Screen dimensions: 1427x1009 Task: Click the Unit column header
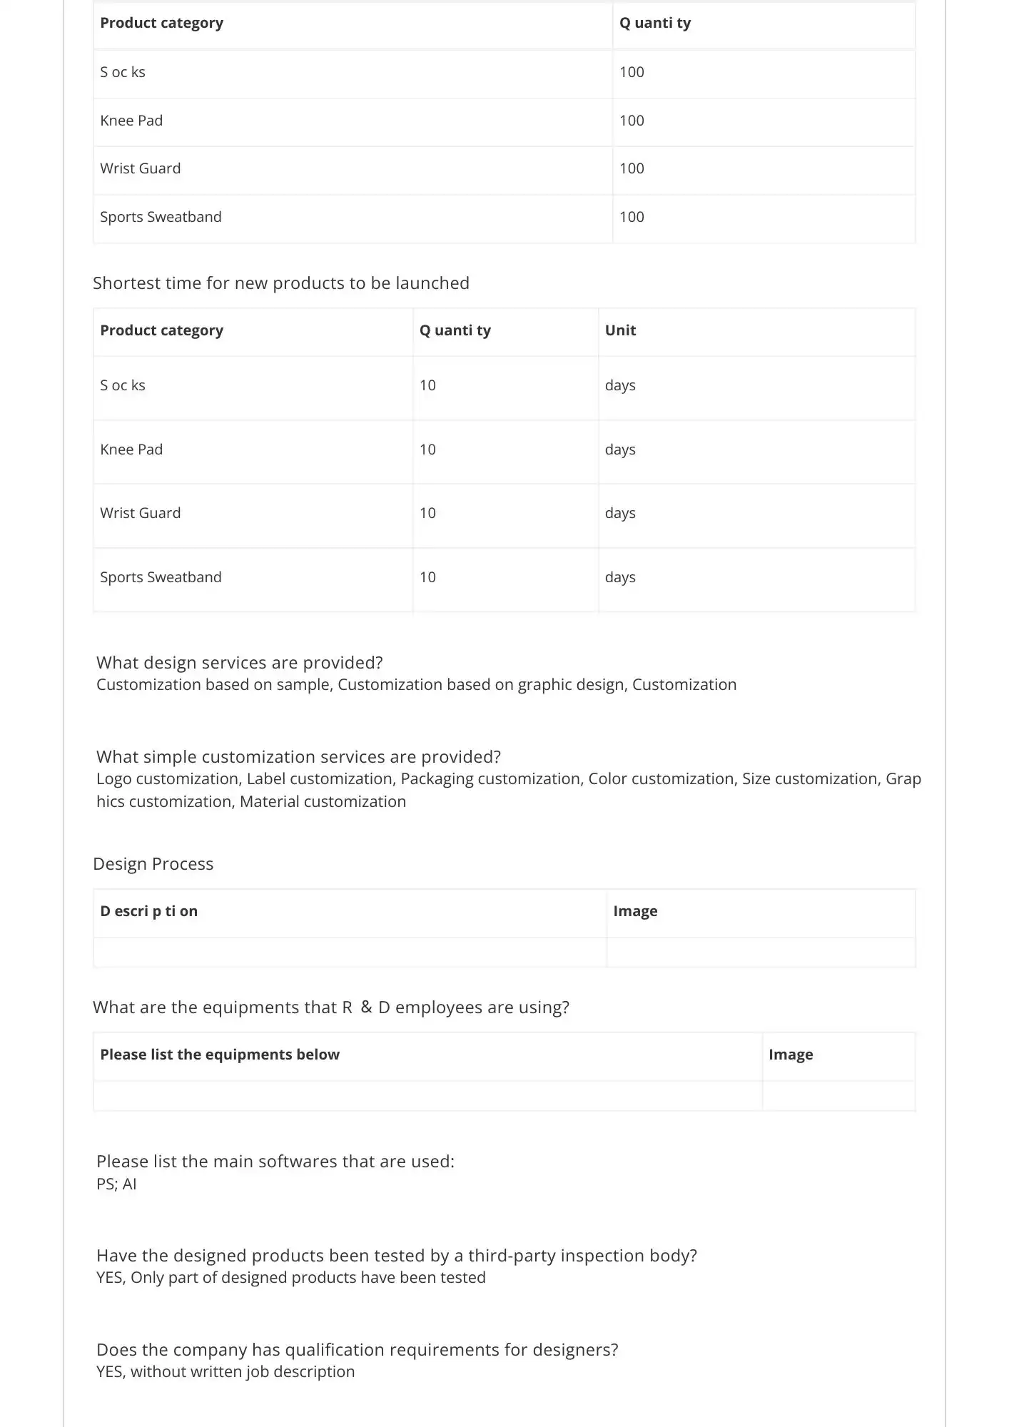tap(620, 330)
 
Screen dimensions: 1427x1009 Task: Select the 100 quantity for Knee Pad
tap(632, 121)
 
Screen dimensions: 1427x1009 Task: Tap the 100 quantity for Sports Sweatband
tap(632, 217)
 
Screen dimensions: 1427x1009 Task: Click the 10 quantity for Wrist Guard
tap(427, 513)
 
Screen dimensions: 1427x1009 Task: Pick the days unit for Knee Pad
tap(620, 450)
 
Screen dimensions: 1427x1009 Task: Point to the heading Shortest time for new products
tap(280, 283)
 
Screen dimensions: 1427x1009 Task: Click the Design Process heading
tap(153, 864)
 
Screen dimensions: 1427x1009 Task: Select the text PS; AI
tap(116, 1184)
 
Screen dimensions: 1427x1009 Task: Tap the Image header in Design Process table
tap(635, 911)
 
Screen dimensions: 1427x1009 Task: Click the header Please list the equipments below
tap(220, 1055)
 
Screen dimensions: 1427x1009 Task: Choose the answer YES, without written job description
tap(225, 1372)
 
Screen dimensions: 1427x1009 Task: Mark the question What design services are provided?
tap(239, 663)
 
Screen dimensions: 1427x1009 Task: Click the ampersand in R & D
tap(366, 1007)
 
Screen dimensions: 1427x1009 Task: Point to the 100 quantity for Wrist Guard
tap(632, 168)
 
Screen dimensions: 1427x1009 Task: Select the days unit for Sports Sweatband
tap(620, 577)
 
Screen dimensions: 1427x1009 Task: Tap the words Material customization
tap(323, 802)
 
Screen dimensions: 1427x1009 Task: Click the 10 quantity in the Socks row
tap(427, 385)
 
